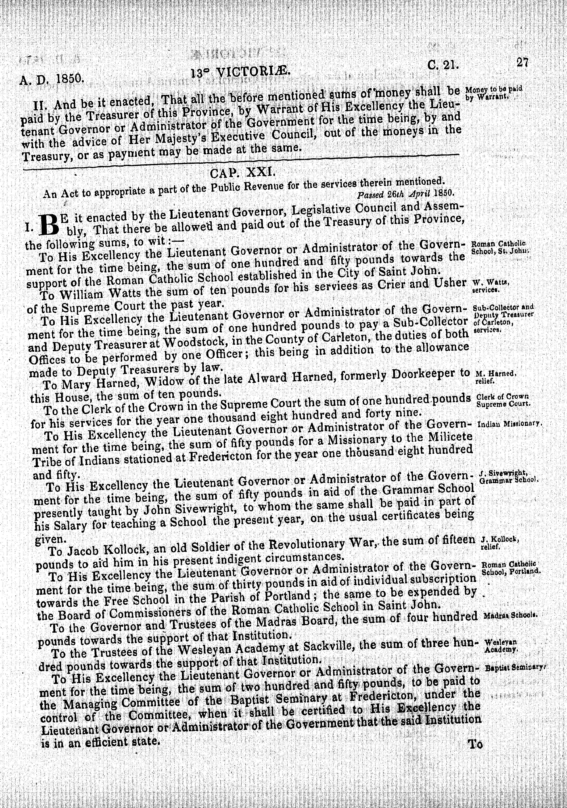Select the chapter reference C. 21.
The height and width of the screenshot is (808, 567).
[443, 64]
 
